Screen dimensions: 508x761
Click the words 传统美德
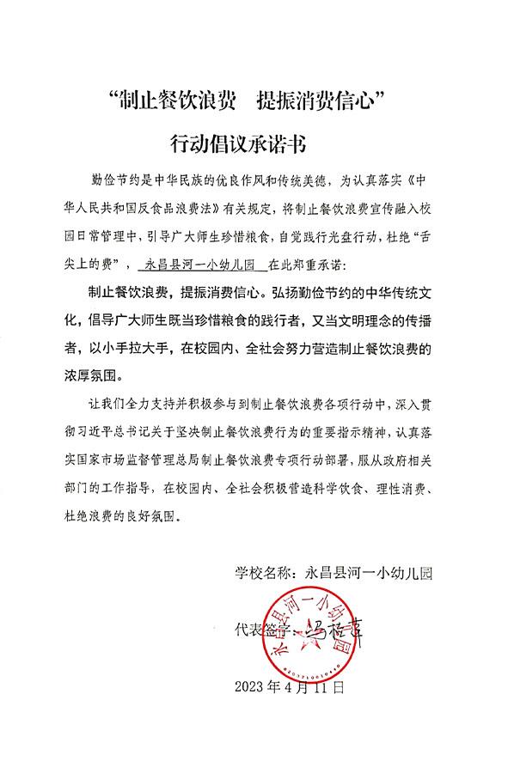pyautogui.click(x=291, y=183)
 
